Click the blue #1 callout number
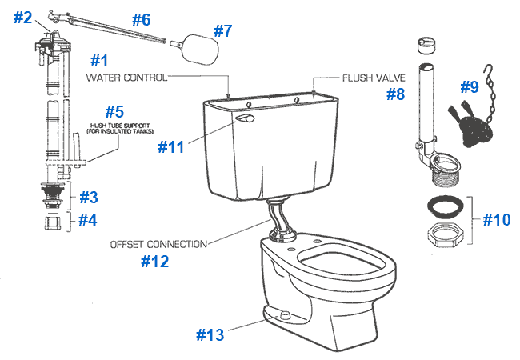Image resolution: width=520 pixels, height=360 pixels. tap(99, 61)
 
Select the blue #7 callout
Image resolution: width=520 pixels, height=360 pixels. tap(223, 32)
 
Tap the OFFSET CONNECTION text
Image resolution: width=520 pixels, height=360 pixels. tap(158, 243)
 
